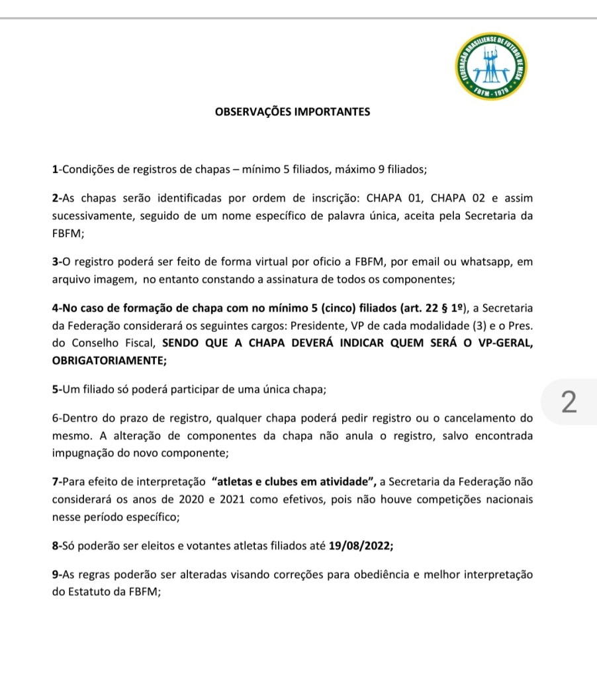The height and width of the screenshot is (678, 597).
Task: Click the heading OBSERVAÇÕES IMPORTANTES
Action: (293, 112)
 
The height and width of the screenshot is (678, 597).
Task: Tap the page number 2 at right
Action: (569, 403)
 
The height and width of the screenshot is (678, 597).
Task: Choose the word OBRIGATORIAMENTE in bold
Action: (108, 361)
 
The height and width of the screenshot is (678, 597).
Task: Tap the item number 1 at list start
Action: (55, 169)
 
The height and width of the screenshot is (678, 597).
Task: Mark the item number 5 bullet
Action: (55, 390)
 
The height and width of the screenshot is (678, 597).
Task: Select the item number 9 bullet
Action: (55, 575)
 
